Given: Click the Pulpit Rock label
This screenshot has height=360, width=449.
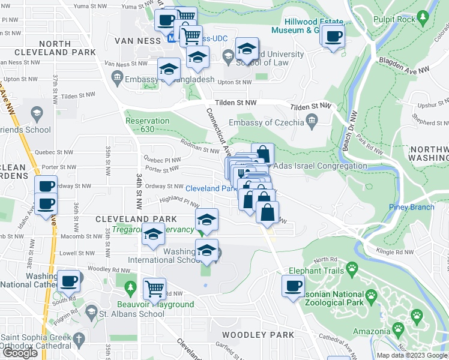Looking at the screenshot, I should (393, 19).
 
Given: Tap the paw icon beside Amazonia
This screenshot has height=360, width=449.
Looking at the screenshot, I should (397, 329).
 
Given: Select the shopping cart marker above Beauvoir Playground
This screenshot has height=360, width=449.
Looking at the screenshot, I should (154, 289).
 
